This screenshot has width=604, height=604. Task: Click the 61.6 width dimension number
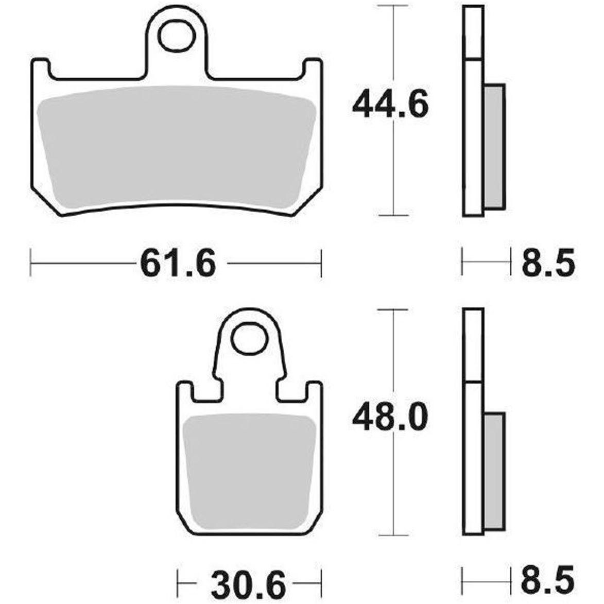click(x=178, y=264)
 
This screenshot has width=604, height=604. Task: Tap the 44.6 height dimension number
click(x=390, y=105)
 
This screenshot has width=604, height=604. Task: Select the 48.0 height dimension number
click(x=390, y=417)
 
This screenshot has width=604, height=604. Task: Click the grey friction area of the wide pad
click(x=177, y=146)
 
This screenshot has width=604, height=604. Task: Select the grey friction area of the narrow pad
click(x=250, y=472)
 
